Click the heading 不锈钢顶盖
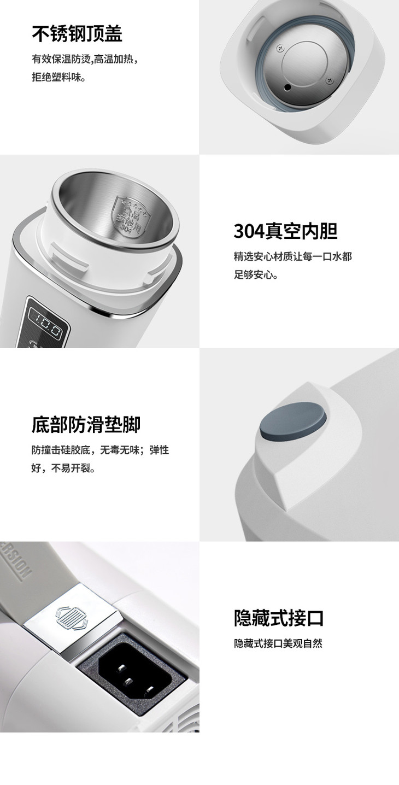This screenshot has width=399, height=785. click(x=77, y=34)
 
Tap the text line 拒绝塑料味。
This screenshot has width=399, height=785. click(x=59, y=77)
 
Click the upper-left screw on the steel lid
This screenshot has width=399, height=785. click(x=279, y=48)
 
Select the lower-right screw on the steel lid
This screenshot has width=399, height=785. click(x=329, y=80)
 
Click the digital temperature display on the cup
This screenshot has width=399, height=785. click(x=45, y=327)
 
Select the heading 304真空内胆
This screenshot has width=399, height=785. click(x=285, y=231)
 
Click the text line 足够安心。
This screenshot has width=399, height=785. click(x=256, y=274)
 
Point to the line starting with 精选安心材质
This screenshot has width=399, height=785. click(x=292, y=256)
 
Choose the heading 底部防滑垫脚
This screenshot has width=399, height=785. click(x=86, y=425)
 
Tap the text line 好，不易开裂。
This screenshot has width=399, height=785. click(x=63, y=468)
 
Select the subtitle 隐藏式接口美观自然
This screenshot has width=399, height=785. click(x=278, y=643)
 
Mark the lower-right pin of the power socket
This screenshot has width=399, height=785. click(x=150, y=690)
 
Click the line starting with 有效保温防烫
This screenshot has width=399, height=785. click(x=85, y=59)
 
